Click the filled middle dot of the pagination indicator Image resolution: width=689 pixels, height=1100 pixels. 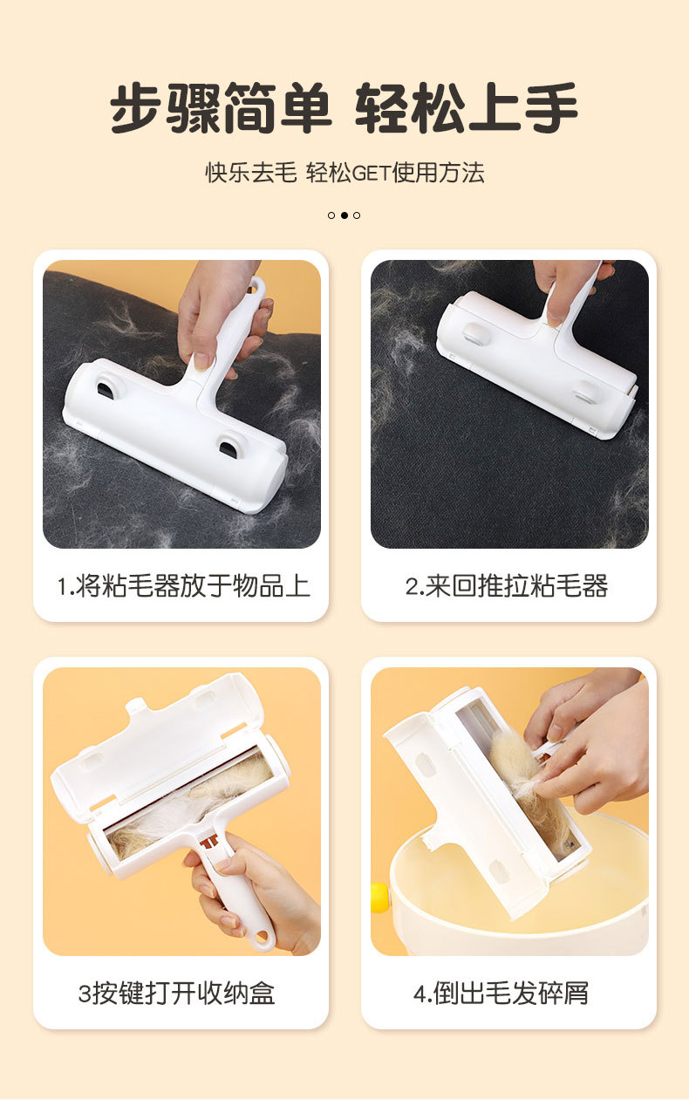click(x=344, y=215)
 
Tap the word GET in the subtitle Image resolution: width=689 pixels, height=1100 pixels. click(x=372, y=173)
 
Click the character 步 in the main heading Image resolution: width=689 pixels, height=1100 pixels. click(x=135, y=107)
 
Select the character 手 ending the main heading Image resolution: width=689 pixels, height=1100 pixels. click(x=551, y=107)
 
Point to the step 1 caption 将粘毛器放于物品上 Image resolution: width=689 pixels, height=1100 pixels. click(x=193, y=586)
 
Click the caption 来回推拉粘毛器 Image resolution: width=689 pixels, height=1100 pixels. click(x=516, y=586)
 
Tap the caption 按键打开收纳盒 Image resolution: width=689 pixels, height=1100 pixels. click(x=184, y=994)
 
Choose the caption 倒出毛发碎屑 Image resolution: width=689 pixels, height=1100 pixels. click(x=511, y=994)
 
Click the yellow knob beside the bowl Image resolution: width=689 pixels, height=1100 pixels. click(x=379, y=898)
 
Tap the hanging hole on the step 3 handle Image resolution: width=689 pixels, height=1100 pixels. click(x=263, y=939)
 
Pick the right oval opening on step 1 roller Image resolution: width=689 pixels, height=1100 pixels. click(x=229, y=448)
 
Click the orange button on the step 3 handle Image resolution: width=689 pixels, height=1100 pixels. click(x=209, y=843)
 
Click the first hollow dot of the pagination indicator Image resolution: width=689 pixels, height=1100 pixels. click(x=331, y=215)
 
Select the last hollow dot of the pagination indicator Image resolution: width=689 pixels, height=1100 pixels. click(x=357, y=215)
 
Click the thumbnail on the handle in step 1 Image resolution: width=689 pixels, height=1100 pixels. click(x=202, y=362)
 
